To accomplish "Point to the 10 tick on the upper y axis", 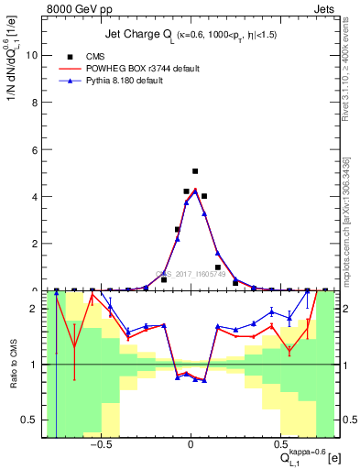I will pyautogui.click(x=33, y=55).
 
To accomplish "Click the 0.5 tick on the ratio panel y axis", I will pyautogui.click(x=32, y=420).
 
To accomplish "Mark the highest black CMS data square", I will pyautogui.click(x=195, y=171).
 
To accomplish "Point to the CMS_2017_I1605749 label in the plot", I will pyautogui.click(x=191, y=273).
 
